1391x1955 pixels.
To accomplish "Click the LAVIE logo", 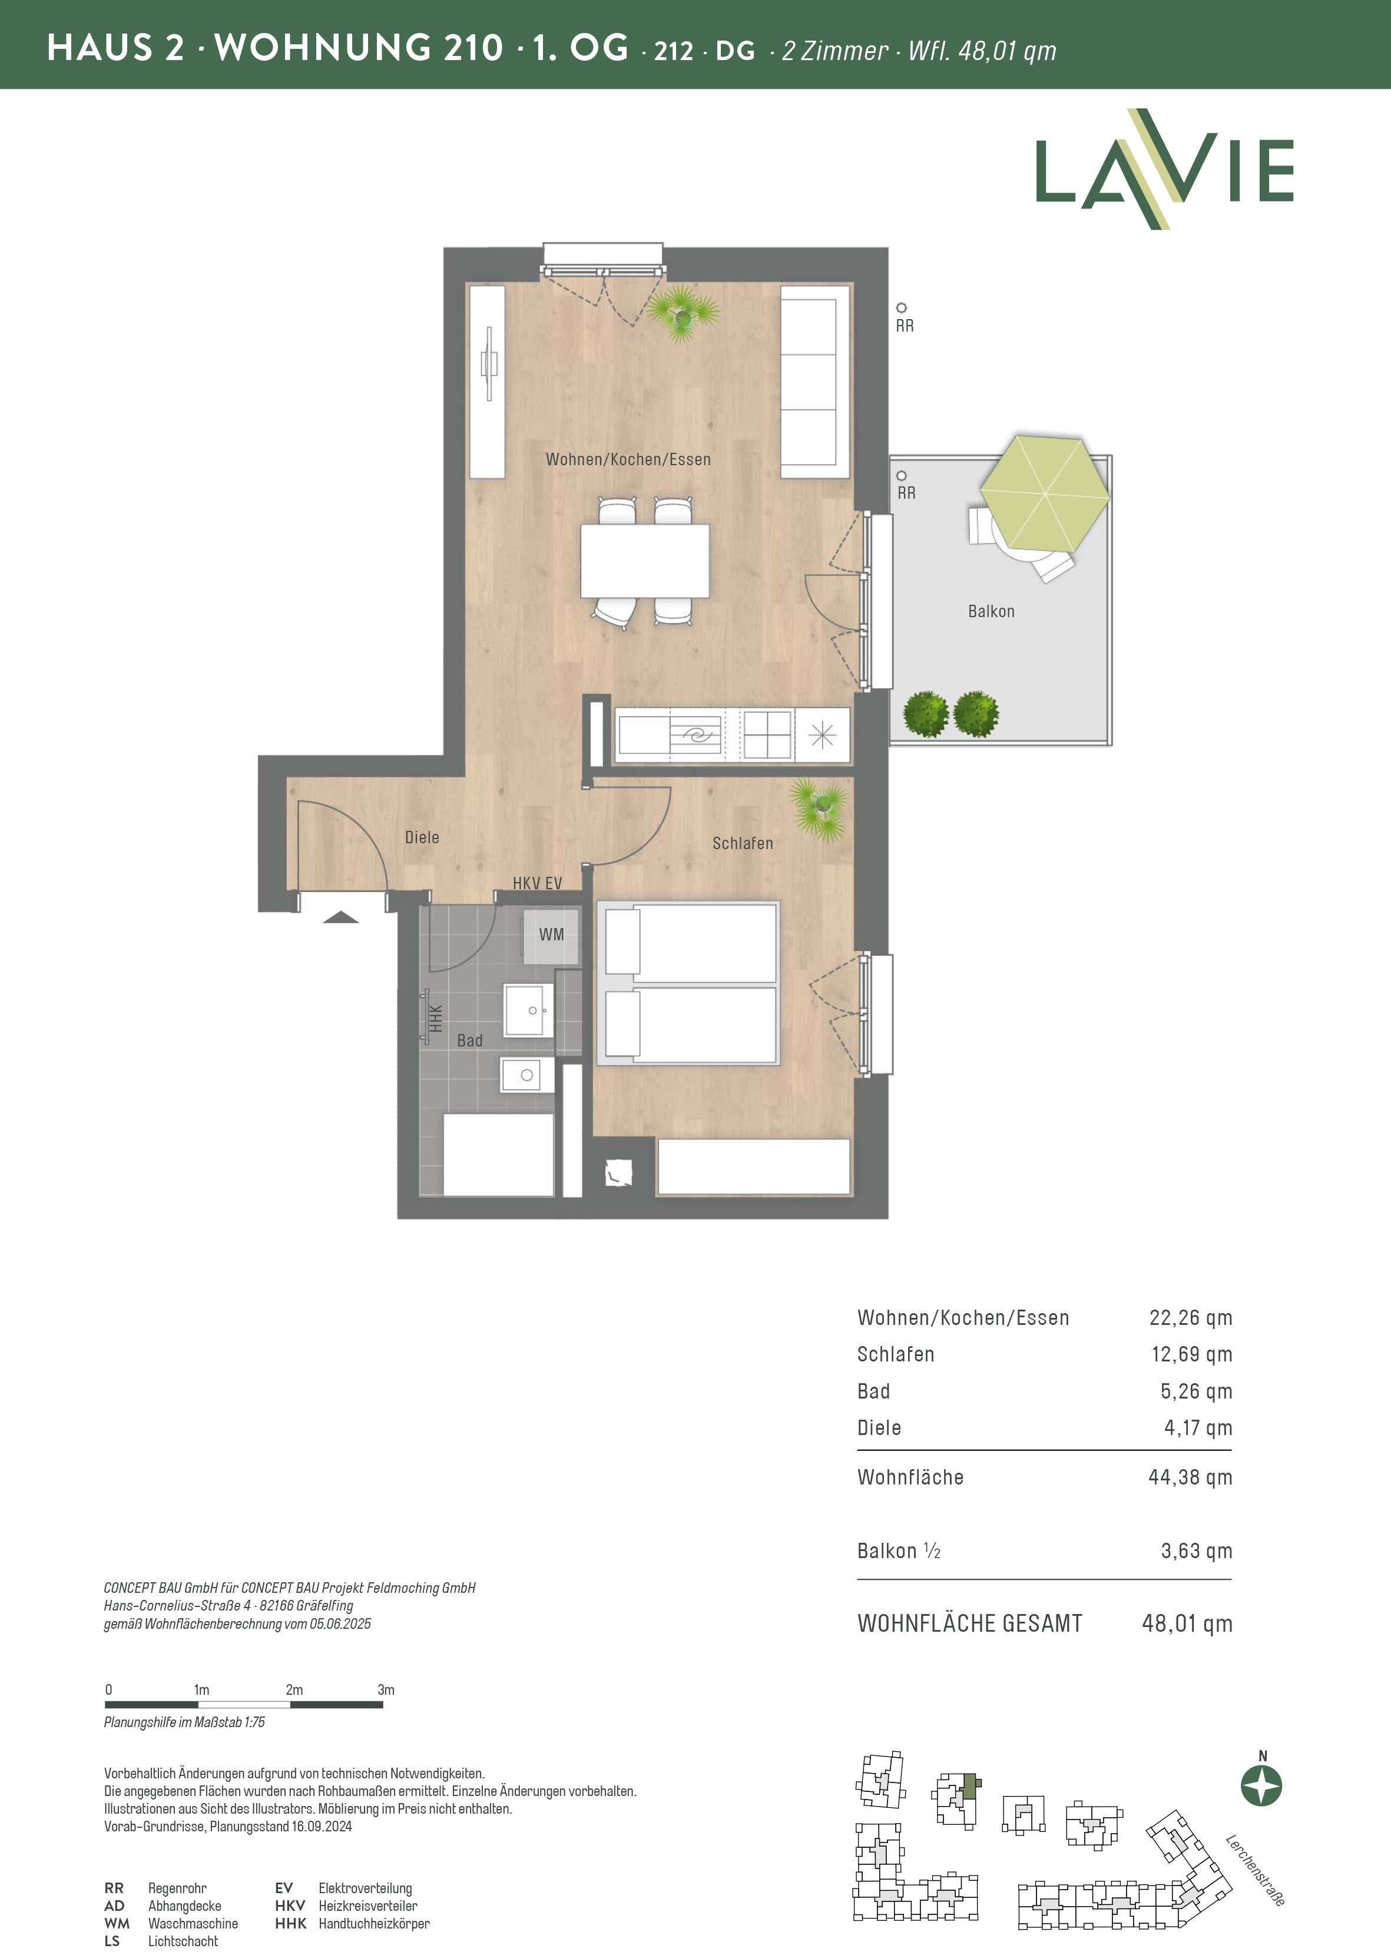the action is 1164,170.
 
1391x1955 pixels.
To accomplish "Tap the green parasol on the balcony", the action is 1045,494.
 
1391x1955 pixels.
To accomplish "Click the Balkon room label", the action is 991,611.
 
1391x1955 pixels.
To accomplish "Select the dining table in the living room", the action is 645,561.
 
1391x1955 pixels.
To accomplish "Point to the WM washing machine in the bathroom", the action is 551,935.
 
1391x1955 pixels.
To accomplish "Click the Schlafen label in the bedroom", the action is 743,843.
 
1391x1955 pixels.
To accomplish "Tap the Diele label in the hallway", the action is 422,837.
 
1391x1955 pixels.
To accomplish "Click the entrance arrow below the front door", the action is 341,918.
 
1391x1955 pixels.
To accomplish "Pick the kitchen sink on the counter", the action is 695,735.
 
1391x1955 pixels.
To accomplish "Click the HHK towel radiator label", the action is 436,1018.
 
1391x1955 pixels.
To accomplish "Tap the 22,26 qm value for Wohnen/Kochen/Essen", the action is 1191,1318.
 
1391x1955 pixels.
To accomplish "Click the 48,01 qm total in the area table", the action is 1187,1623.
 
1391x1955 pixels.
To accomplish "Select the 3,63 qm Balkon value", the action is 1197,1551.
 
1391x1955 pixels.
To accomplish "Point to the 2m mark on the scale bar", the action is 294,1689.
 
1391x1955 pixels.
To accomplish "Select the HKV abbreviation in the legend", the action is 290,1906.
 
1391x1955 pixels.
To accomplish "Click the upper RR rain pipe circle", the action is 901,307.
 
